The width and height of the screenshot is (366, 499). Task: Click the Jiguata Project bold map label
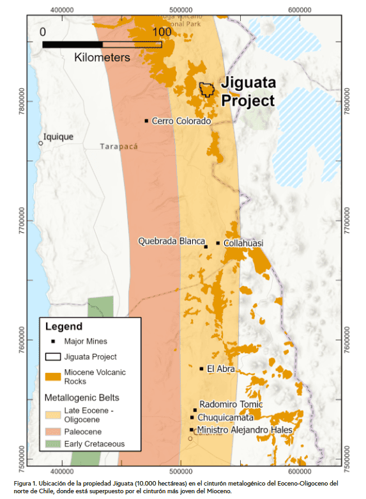[247, 91]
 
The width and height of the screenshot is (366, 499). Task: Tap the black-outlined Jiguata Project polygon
[206, 89]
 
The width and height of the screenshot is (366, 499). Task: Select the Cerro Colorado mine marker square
[147, 121]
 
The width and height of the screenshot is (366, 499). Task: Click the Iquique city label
[58, 137]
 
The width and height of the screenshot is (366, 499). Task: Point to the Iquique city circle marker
[40, 143]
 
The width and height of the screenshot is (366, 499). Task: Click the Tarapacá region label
[119, 147]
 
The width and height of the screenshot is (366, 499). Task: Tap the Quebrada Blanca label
[169, 241]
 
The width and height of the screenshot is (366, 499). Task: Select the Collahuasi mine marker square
[218, 243]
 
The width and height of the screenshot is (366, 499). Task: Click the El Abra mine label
[221, 368]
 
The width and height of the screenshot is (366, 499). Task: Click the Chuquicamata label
[224, 417]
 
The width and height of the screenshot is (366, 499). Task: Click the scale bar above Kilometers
[102, 44]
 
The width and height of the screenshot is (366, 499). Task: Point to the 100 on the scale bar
[162, 31]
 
